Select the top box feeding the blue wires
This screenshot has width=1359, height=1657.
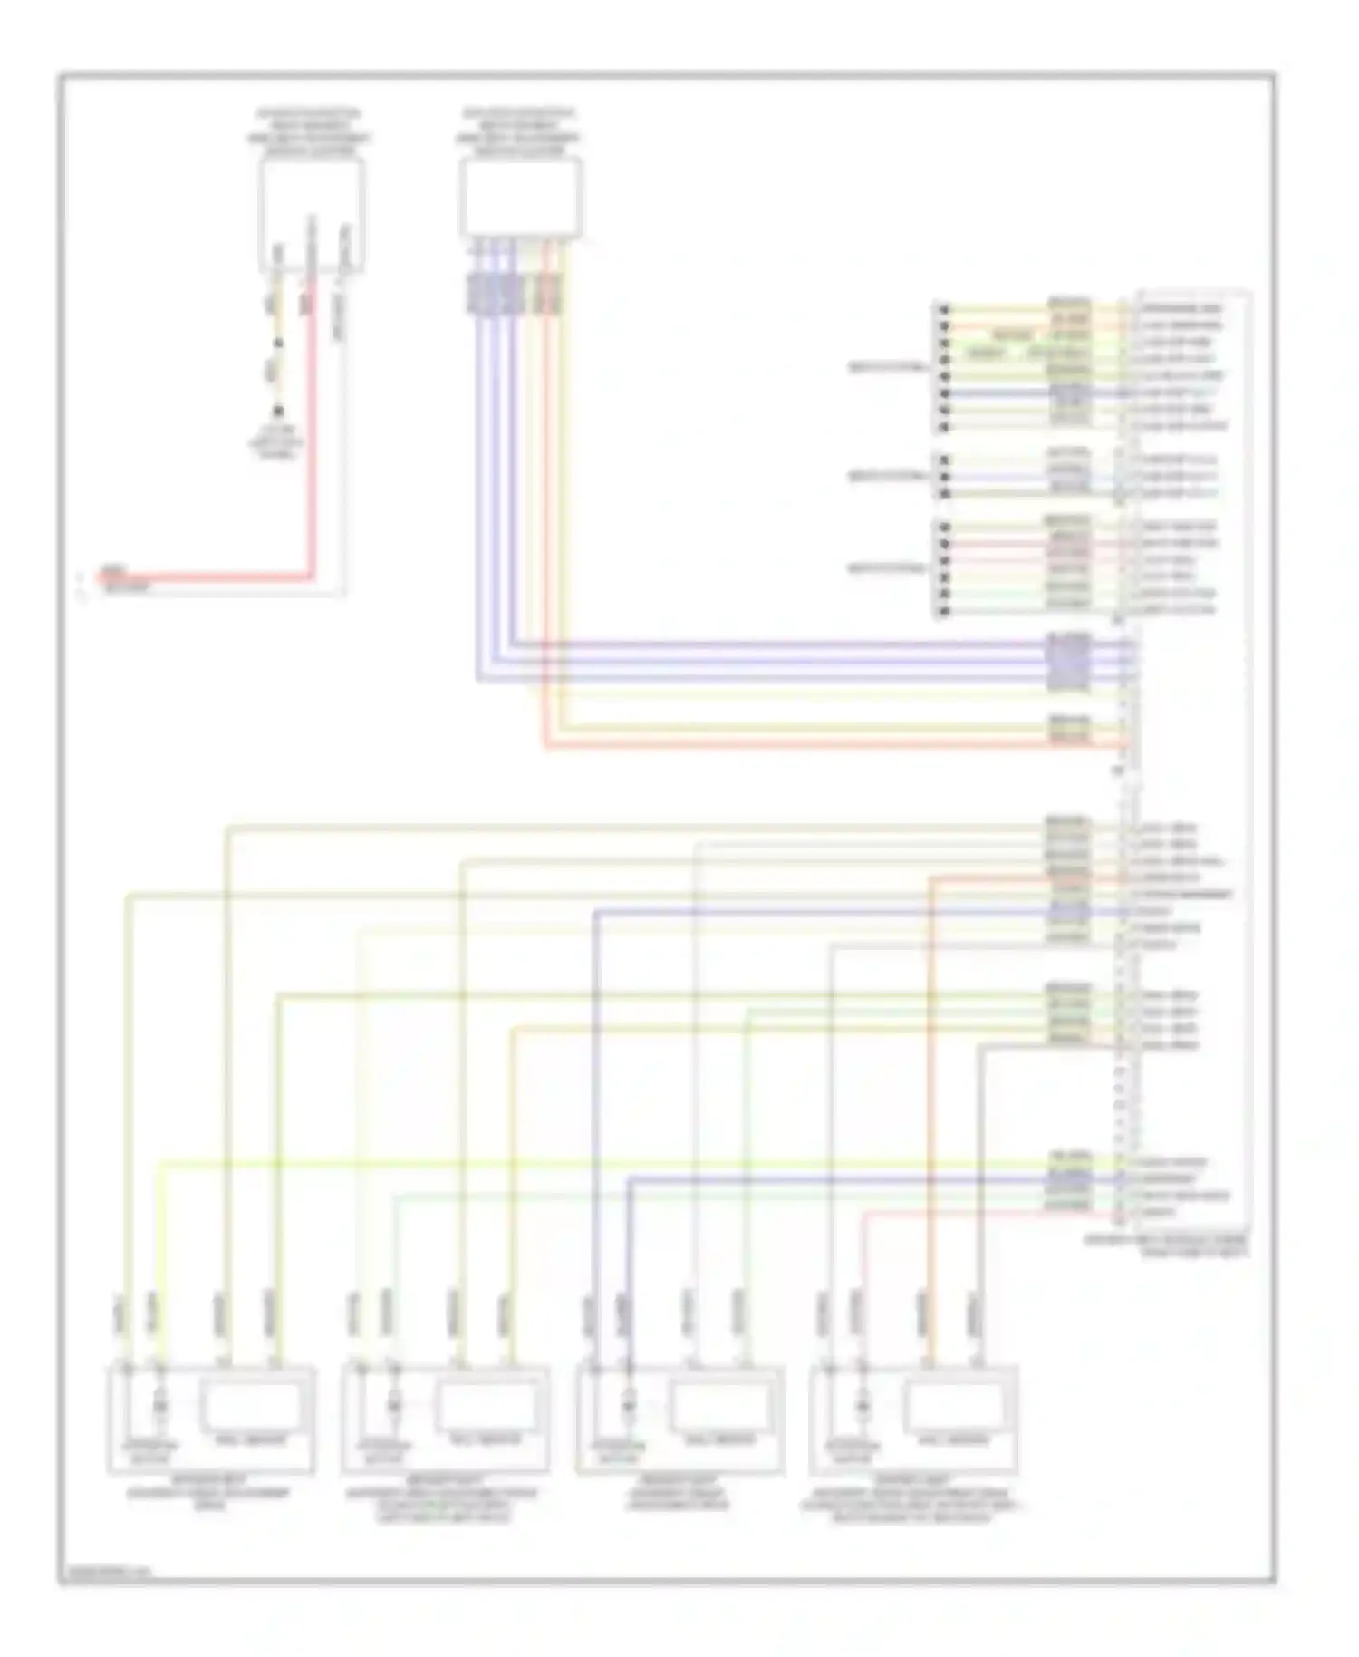(521, 199)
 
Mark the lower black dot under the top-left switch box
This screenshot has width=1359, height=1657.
(278, 411)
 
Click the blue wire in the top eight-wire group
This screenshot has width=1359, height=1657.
(997, 393)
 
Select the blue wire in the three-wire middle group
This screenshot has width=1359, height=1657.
(997, 477)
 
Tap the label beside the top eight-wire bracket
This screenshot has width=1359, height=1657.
(887, 368)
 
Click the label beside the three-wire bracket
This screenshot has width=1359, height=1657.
(887, 476)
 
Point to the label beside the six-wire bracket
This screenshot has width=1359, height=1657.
(887, 568)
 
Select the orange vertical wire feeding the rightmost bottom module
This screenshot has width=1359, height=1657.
(929, 1088)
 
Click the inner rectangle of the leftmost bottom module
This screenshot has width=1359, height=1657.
(250, 1406)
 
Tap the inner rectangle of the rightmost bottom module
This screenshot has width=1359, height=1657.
(953, 1406)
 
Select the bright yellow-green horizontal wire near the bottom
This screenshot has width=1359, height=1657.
(634, 1162)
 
